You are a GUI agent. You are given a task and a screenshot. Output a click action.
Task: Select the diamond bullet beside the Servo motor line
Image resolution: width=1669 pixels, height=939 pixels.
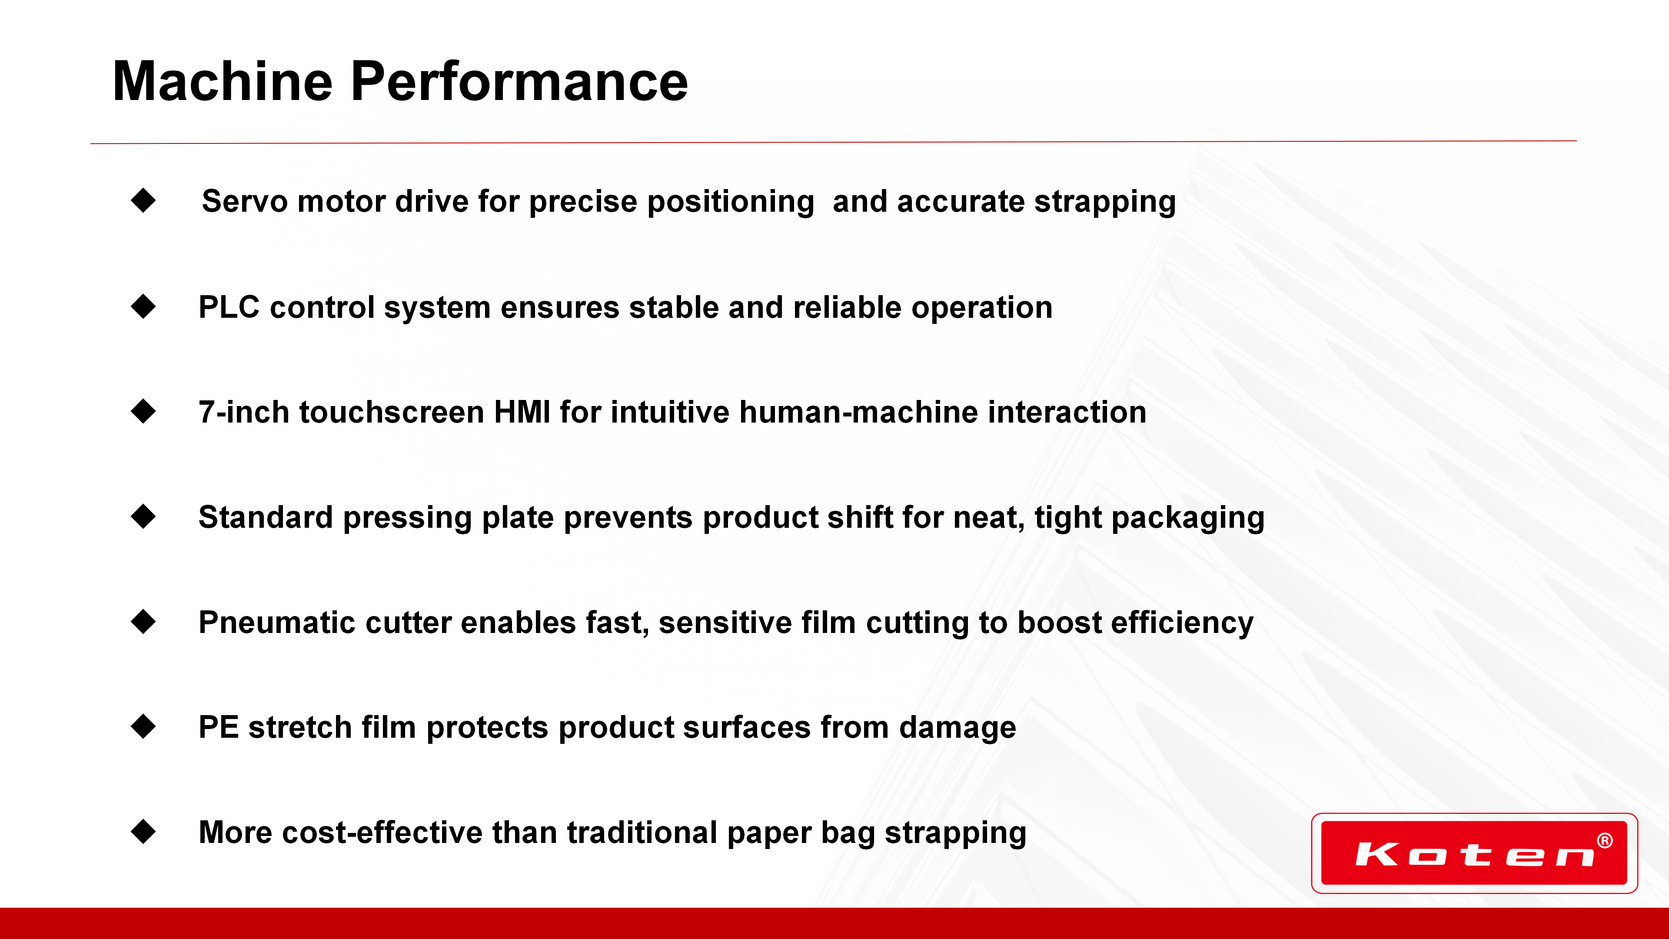click(143, 200)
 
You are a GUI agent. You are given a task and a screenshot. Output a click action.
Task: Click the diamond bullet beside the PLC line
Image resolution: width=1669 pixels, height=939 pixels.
click(143, 306)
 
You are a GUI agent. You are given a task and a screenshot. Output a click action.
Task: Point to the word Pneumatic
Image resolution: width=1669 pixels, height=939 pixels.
click(277, 623)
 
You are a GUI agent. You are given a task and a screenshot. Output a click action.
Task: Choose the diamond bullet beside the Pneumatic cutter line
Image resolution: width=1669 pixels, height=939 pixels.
click(143, 622)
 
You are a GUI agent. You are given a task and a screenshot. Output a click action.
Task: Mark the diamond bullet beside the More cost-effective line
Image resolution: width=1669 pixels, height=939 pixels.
click(143, 832)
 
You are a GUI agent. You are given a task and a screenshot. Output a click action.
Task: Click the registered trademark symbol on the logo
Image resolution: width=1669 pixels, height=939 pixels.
click(1605, 840)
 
